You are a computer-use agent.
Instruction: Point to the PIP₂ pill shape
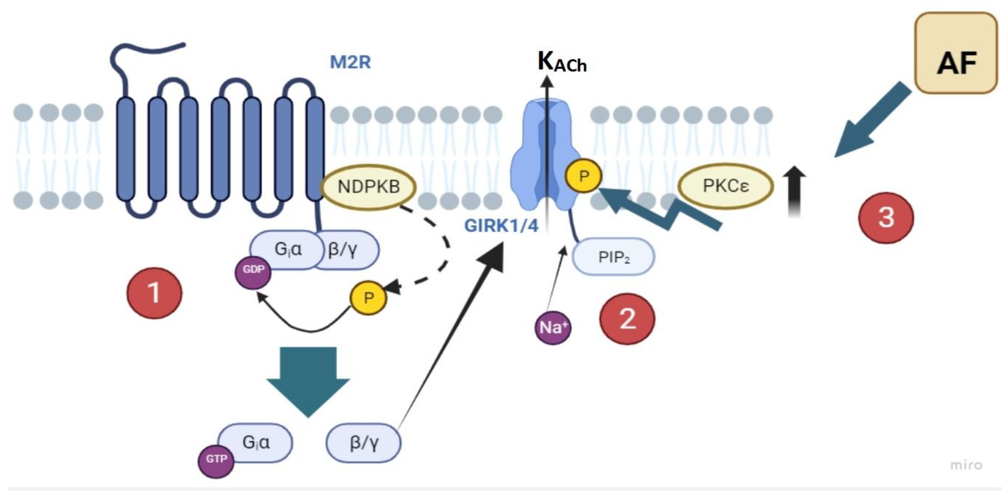613,257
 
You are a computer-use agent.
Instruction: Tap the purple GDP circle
253,270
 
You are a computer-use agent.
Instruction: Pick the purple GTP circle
216,459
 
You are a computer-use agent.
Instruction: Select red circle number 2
627,319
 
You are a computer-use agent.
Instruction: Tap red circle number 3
886,218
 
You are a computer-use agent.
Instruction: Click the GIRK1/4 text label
501,226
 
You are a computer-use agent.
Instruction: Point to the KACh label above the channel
562,63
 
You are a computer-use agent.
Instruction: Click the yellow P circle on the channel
583,176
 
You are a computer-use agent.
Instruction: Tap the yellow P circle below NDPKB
368,298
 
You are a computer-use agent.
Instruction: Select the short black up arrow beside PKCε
794,192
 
